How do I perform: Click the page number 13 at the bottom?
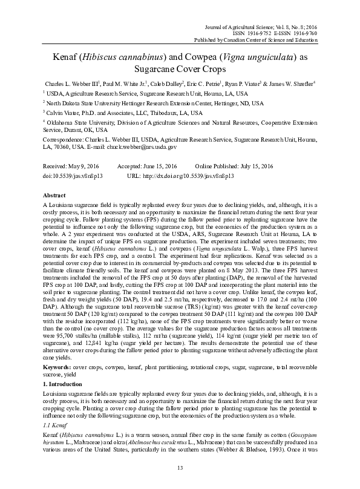[x=180, y=468]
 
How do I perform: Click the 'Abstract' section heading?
[x=54, y=197]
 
